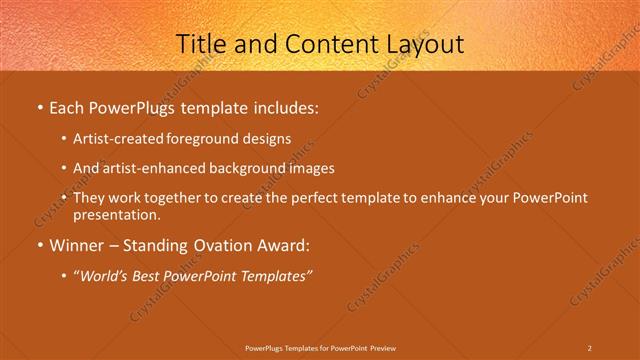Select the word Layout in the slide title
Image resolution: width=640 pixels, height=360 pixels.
[x=422, y=43]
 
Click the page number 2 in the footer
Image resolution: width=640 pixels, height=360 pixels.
[x=589, y=347]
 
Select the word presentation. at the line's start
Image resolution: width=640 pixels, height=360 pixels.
[x=116, y=214]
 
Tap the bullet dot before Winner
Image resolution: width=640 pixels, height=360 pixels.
[x=39, y=245]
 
